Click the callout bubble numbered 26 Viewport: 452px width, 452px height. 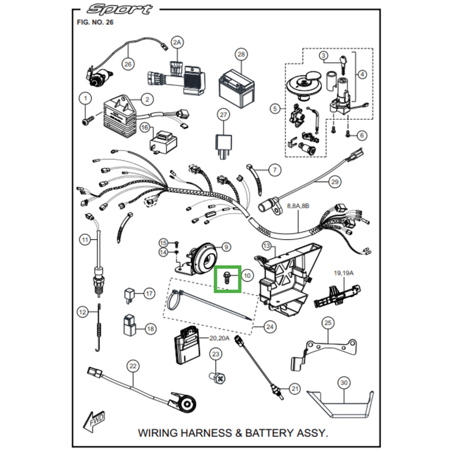128,64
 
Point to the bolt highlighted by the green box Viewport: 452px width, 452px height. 226,278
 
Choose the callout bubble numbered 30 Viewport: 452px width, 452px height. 344,383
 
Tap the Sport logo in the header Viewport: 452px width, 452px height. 120,10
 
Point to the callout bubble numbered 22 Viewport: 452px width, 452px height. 133,366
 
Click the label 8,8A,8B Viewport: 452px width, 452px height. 298,207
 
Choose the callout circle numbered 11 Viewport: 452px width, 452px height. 85,240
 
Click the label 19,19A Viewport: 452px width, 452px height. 344,273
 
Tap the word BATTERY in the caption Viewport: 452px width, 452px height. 259,433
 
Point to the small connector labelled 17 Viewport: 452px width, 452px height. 129,294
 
